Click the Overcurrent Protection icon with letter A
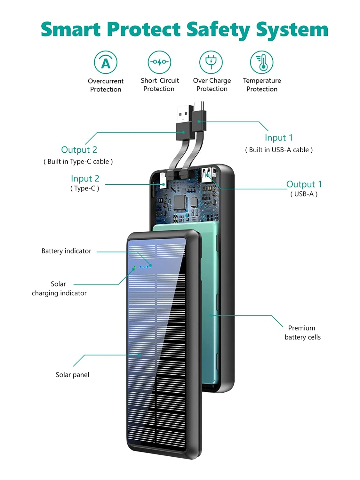click(106, 62)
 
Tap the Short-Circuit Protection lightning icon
click(159, 62)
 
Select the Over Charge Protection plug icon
click(211, 61)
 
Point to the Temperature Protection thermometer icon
click(262, 62)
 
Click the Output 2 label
click(79, 150)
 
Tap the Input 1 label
click(278, 138)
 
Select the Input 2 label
click(85, 179)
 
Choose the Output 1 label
click(304, 184)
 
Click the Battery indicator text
click(66, 251)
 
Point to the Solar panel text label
click(72, 375)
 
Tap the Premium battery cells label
click(302, 332)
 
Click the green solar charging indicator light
click(134, 268)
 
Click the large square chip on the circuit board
click(180, 202)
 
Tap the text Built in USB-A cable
click(279, 150)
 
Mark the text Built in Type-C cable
click(78, 162)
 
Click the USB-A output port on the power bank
click(207, 175)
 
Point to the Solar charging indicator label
click(59, 288)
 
